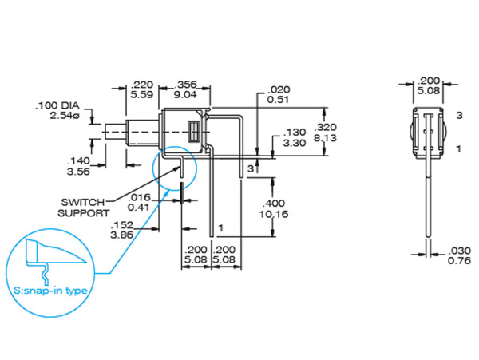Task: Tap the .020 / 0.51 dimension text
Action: coord(279,94)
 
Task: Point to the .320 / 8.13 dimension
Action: coord(327,133)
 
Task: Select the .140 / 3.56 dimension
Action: coord(77,165)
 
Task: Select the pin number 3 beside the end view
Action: coord(459,116)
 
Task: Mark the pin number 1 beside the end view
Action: coord(459,149)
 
